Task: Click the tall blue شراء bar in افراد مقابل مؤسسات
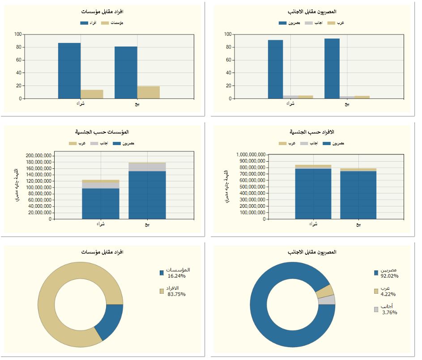pos(69,70)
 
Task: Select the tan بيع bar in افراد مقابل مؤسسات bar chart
pos(148,92)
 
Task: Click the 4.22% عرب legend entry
pos(386,291)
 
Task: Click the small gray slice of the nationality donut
pos(327,300)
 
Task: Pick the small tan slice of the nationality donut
pos(325,291)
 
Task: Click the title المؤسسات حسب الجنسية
pos(102,132)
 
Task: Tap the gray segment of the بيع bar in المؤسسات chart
pos(147,167)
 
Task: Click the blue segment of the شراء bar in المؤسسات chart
pos(101,203)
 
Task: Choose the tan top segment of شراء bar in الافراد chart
pos(313,167)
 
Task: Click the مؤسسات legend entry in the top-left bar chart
pos(112,22)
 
